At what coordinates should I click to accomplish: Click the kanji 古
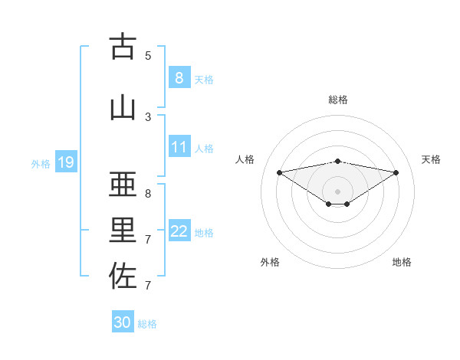(123, 47)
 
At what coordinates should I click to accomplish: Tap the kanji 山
(123, 107)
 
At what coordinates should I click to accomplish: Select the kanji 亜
(123, 184)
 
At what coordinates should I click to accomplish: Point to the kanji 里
(123, 231)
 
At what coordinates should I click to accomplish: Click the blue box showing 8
(179, 78)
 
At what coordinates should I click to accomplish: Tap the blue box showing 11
(179, 147)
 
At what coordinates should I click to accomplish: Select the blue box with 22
(179, 231)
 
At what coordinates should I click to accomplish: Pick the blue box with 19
(65, 162)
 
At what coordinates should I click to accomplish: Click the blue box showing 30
(123, 322)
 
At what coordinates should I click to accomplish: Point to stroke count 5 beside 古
(148, 55)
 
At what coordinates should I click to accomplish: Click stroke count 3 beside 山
(148, 116)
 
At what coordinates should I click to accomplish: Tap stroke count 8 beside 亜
(148, 193)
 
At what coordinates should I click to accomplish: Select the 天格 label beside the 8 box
(204, 79)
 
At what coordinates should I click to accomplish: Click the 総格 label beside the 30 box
(147, 323)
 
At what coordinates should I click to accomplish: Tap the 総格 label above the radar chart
(337, 100)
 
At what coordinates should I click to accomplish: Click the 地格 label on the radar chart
(402, 262)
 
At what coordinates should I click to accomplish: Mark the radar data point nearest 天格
(396, 172)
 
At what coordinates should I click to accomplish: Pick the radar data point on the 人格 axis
(279, 172)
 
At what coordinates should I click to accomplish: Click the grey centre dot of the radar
(337, 191)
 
